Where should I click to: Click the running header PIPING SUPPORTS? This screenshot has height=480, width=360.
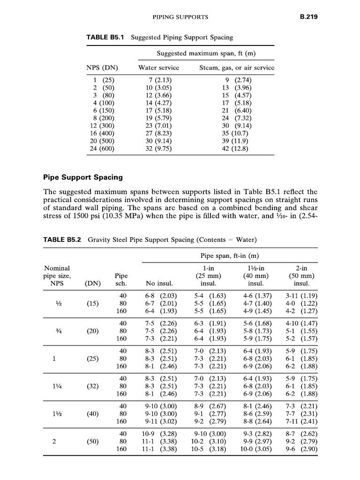[x=181, y=18]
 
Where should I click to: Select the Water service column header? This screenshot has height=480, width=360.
[x=158, y=67]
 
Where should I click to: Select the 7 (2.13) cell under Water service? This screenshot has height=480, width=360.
[x=158, y=80]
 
